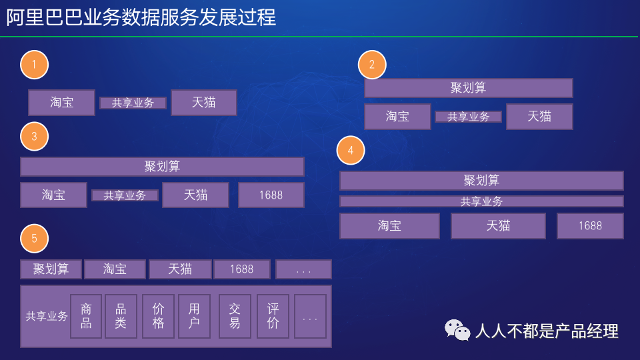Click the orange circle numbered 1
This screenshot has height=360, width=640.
pyautogui.click(x=34, y=65)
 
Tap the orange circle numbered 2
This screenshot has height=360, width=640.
pyautogui.click(x=372, y=65)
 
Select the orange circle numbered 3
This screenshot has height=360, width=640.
pyautogui.click(x=34, y=136)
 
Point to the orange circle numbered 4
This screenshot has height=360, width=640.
pyautogui.click(x=351, y=150)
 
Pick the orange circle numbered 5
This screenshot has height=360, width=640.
pyautogui.click(x=34, y=239)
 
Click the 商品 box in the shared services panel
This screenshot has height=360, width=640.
pyautogui.click(x=86, y=316)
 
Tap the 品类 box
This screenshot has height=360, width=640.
pyautogui.click(x=121, y=316)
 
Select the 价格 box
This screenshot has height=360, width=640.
pyautogui.click(x=159, y=316)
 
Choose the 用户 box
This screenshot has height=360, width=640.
pyautogui.click(x=194, y=316)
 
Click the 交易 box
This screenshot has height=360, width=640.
pyautogui.click(x=235, y=316)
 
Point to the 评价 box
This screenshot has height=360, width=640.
pyautogui.click(x=273, y=316)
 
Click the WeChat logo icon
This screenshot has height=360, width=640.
pyautogui.click(x=457, y=330)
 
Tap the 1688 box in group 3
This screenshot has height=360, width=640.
pyautogui.click(x=271, y=195)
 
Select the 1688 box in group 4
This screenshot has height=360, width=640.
pyautogui.click(x=590, y=226)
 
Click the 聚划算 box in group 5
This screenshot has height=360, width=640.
pyautogui.click(x=51, y=269)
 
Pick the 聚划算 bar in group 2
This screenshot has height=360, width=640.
pyautogui.click(x=469, y=88)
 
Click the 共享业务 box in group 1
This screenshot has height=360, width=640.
pyautogui.click(x=133, y=103)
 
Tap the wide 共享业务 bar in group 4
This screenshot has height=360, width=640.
pyautogui.click(x=481, y=201)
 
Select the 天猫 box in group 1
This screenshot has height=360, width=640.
pyautogui.click(x=204, y=103)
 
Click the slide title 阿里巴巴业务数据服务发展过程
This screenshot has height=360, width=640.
pyautogui.click(x=141, y=17)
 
